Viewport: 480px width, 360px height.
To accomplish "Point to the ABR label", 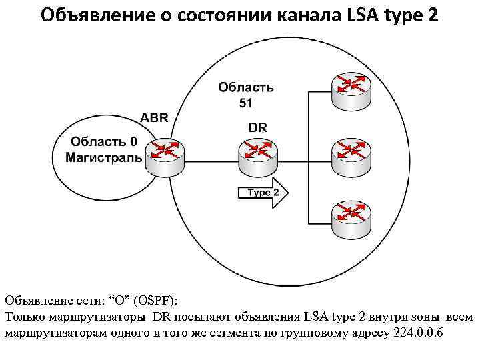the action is coord(154,118).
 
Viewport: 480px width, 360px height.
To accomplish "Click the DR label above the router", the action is coord(257,126).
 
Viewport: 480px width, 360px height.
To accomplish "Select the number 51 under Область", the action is coord(245,102).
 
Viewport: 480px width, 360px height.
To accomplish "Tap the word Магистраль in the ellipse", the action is coord(103,157).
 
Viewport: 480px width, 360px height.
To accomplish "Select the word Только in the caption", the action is coord(24,317).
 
